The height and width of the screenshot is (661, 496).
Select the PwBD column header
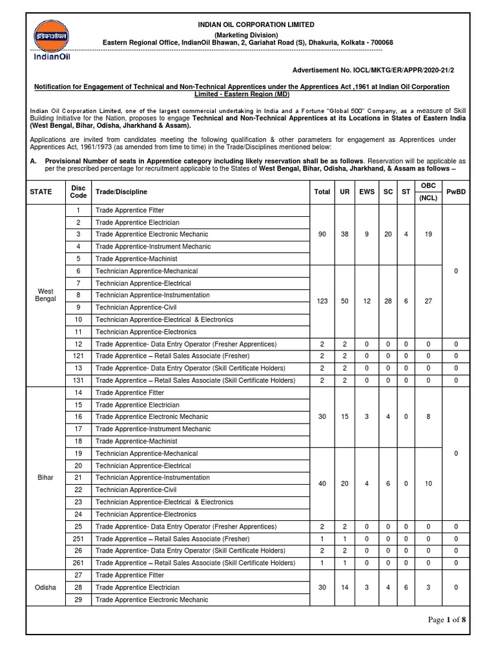(x=456, y=192)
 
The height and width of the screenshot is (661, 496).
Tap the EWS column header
(x=366, y=192)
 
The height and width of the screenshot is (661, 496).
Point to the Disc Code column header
(x=78, y=192)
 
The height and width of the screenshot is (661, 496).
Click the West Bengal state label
(x=46, y=295)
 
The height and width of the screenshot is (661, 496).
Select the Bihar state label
(x=46, y=478)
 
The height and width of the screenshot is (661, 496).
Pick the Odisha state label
(x=46, y=587)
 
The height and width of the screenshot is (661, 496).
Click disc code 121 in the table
(x=78, y=356)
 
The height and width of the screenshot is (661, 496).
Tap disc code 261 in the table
(x=78, y=563)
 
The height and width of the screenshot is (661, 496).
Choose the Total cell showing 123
(x=322, y=301)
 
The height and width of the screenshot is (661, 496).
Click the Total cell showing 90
(x=322, y=234)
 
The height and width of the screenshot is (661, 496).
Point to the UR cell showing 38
(x=345, y=234)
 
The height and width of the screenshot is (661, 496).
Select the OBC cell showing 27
(x=428, y=301)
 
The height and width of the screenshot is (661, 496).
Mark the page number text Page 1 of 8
(x=446, y=620)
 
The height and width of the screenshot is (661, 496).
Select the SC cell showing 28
(x=387, y=301)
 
